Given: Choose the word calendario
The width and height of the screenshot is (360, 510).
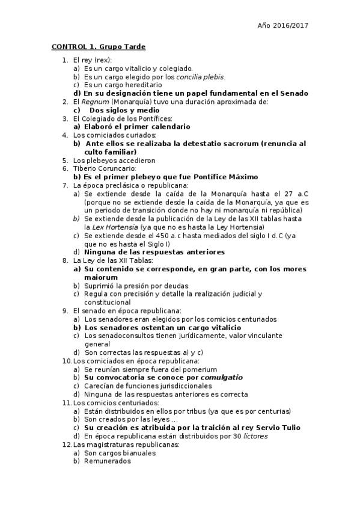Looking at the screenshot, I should tap(169, 127).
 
